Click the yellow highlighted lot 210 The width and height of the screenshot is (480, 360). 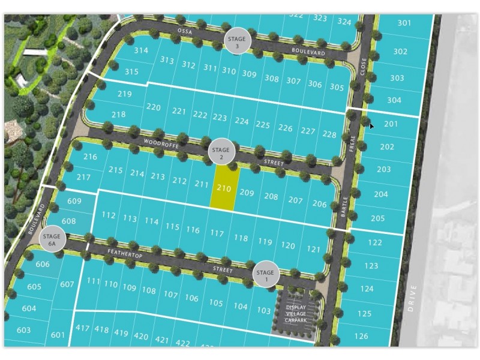[x=224, y=188]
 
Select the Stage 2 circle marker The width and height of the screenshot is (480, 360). [x=221, y=152]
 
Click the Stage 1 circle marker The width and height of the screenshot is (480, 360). [x=265, y=274]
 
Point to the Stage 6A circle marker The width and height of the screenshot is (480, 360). [x=52, y=240]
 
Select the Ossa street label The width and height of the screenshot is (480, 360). [x=184, y=30]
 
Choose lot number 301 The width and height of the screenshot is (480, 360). [x=404, y=23]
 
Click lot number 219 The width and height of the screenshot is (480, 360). [x=124, y=94]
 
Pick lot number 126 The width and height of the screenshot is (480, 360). [x=362, y=337]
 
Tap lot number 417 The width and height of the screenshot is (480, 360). [x=83, y=328]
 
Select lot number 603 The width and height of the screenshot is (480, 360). [x=23, y=330]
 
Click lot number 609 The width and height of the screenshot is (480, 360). [x=74, y=201]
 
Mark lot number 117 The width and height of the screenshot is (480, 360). [x=217, y=233]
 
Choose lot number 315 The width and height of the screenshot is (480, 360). [x=131, y=72]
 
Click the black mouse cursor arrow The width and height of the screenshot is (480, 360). [x=372, y=125]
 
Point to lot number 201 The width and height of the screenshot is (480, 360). [x=391, y=124]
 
